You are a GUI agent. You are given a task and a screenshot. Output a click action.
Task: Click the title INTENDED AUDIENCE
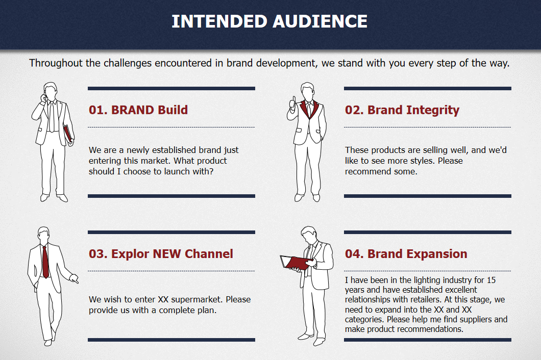(269, 21)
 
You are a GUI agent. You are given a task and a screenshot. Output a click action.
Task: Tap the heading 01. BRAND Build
(138, 110)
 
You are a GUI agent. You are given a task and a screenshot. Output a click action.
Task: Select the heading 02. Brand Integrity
(402, 110)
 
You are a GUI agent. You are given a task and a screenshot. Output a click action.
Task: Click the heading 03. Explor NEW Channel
(161, 254)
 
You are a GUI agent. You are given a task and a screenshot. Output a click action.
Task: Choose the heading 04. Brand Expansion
(406, 254)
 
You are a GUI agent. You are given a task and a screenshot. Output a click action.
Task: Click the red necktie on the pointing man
(45, 262)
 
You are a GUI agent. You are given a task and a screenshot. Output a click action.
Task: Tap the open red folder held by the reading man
(295, 263)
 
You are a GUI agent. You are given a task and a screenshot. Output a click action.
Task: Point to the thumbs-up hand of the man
(293, 103)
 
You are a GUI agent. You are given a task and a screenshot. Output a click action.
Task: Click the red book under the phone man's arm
(67, 134)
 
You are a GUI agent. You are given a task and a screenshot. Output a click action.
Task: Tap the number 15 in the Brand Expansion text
(491, 280)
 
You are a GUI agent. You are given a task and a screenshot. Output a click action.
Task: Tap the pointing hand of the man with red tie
(74, 278)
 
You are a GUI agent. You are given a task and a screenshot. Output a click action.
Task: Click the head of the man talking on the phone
(51, 91)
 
